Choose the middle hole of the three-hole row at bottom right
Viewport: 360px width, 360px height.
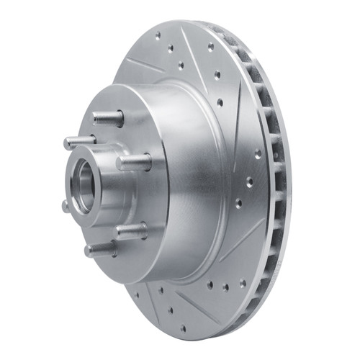(224, 286)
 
